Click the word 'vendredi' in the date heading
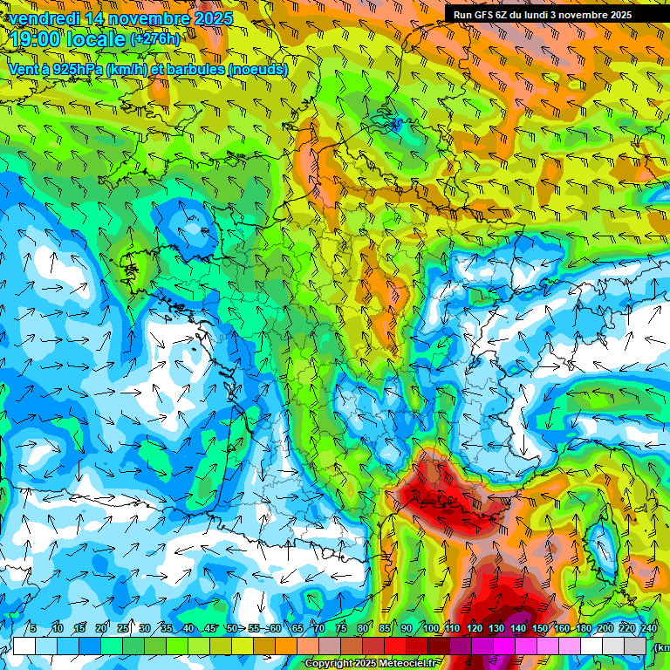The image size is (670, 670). (44, 18)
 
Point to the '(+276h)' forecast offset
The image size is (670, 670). (155, 39)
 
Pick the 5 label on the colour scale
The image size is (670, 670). (33, 629)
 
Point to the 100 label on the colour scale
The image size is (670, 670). (430, 629)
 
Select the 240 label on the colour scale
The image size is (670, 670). (649, 629)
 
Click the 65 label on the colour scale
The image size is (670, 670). (298, 629)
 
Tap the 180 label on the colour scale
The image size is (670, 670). (583, 629)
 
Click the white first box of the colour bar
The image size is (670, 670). (24, 646)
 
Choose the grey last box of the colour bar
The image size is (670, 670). (636, 646)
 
